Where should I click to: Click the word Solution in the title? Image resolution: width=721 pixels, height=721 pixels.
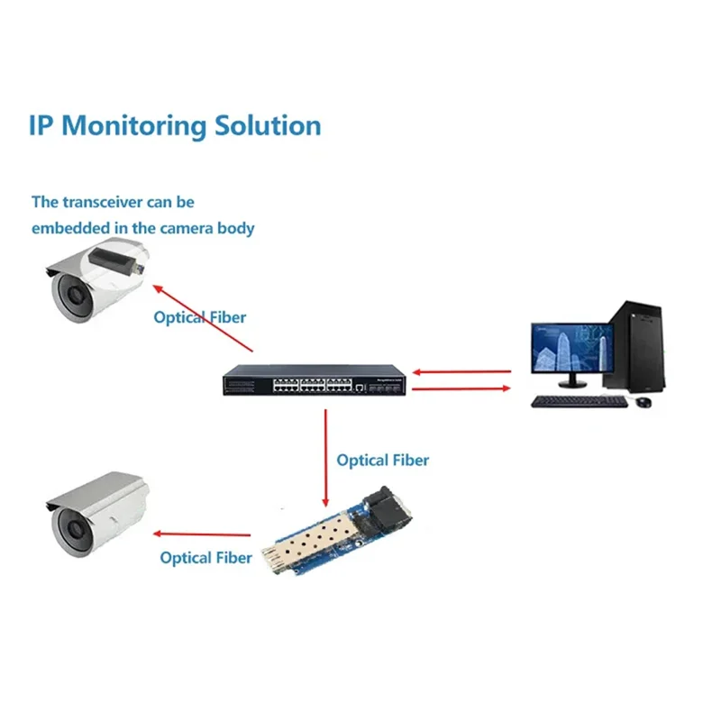pyautogui.click(x=268, y=125)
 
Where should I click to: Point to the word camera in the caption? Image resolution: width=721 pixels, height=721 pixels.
pyautogui.click(x=187, y=228)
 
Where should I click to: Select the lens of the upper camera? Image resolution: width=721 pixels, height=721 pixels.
pyautogui.click(x=69, y=294)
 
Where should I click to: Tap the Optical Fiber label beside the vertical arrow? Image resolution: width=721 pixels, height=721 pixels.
pyautogui.click(x=382, y=461)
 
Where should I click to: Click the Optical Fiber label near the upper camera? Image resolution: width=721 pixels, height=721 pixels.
pyautogui.click(x=199, y=317)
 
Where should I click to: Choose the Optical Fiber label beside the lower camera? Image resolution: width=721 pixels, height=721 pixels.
pyautogui.click(x=205, y=558)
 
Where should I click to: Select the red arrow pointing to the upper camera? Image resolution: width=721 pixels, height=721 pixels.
pyautogui.click(x=203, y=319)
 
